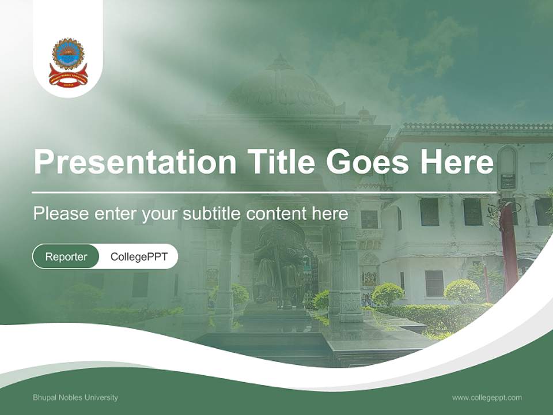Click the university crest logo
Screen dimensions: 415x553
[68, 62]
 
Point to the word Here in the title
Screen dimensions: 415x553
[456, 162]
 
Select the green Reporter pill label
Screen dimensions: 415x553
[66, 257]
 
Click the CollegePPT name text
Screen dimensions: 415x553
[139, 257]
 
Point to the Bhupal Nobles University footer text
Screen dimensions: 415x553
[75, 398]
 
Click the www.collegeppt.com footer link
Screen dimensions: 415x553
[487, 398]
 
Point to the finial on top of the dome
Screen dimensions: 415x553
[281, 61]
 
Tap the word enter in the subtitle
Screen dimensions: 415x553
[116, 214]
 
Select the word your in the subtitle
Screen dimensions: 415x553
[161, 214]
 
